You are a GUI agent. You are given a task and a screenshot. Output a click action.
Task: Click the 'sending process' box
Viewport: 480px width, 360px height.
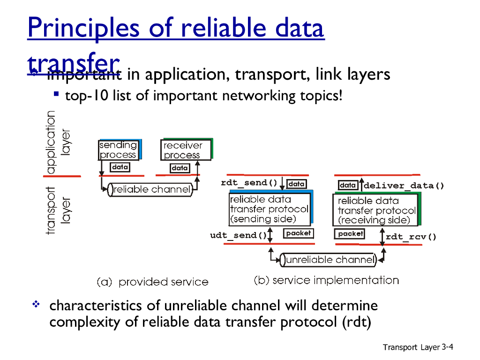pyautogui.click(x=118, y=150)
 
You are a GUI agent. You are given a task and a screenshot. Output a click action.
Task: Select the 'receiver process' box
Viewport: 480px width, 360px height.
pyautogui.click(x=186, y=150)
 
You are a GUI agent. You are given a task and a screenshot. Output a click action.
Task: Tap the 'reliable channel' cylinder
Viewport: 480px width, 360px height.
pyautogui.click(x=151, y=190)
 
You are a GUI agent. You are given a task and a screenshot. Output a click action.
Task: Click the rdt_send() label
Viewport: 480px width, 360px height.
pyautogui.click(x=250, y=182)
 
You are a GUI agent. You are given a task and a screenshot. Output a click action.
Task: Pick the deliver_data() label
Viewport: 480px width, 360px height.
pyautogui.click(x=404, y=186)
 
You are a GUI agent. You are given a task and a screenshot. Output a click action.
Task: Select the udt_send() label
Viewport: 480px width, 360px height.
pyautogui.click(x=238, y=235)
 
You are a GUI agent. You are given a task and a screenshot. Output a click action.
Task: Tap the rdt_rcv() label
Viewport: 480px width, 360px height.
pyautogui.click(x=411, y=237)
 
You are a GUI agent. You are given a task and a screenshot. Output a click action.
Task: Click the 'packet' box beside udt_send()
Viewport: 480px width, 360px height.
pyautogui.click(x=298, y=233)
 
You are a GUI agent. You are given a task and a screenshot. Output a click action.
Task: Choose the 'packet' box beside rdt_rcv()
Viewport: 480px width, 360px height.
pyautogui.click(x=350, y=233)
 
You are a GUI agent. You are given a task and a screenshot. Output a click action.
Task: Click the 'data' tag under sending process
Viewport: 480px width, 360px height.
pyautogui.click(x=120, y=167)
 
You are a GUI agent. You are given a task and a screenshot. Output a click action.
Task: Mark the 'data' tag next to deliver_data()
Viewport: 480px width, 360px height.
pyautogui.click(x=348, y=185)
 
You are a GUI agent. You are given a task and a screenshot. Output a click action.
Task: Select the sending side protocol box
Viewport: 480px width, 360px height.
pyautogui.click(x=270, y=209)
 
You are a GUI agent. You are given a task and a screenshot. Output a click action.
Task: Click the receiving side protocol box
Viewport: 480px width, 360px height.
pyautogui.click(x=377, y=210)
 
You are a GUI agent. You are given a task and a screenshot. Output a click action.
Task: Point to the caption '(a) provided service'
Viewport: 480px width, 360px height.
pyautogui.click(x=152, y=282)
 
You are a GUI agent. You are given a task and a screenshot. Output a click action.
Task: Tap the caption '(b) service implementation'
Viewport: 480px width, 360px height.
pyautogui.click(x=326, y=280)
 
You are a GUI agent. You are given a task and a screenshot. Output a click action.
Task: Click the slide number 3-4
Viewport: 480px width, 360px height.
pyautogui.click(x=447, y=347)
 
